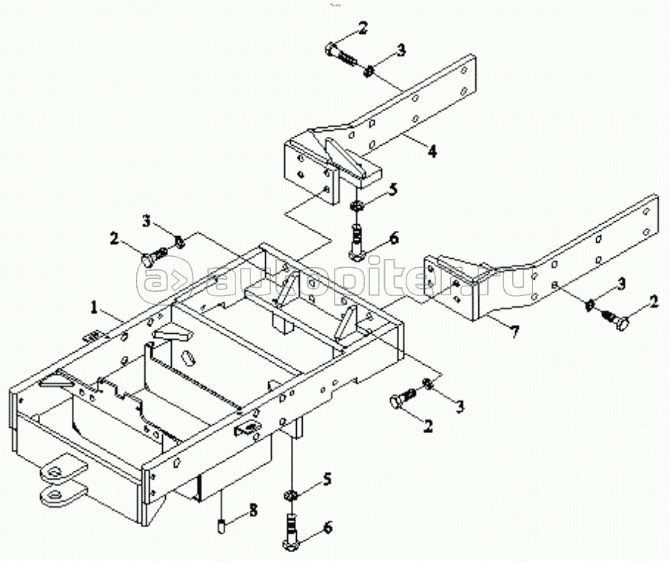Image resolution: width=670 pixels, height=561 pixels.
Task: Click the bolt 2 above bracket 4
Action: click(x=341, y=55)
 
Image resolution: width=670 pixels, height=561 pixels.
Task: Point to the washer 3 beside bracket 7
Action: click(x=590, y=304)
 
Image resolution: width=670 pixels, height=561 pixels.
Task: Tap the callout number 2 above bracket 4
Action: click(x=362, y=29)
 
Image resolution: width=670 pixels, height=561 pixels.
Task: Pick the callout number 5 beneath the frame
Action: click(x=327, y=481)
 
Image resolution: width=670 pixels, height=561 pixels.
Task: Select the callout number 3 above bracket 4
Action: click(x=401, y=50)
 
